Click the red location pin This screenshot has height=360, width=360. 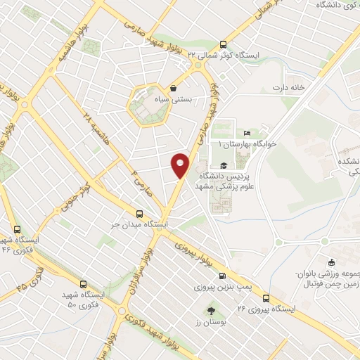coord(180,165)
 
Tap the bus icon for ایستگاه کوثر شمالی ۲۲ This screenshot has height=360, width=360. coord(224,44)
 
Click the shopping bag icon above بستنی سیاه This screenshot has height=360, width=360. coord(172,89)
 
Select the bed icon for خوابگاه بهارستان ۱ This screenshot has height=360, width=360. coord(246,133)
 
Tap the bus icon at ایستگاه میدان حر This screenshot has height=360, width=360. coord(139,214)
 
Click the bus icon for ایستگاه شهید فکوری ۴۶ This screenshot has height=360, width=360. coord(18,229)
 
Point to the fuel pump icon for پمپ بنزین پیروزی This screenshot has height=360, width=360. coord(222,276)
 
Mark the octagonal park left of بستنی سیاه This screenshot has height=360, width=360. coord(147,105)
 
